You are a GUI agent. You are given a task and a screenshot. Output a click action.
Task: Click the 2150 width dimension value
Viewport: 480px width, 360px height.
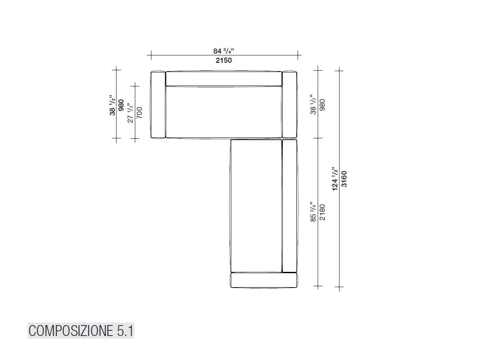223,61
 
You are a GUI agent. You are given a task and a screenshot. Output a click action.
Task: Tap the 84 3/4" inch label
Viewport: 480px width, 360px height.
223,51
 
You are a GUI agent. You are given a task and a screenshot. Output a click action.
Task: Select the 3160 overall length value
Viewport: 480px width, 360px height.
344,178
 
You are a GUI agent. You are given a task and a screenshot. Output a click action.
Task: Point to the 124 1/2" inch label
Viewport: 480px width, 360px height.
335,178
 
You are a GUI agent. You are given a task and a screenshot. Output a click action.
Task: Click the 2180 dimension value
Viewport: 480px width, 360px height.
322,212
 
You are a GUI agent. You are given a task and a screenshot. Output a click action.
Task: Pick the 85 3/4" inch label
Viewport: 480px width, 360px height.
313,212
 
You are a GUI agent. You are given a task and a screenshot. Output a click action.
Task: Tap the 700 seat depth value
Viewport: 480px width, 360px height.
140,113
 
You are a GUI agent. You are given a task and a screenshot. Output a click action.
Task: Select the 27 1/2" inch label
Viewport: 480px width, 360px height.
130,113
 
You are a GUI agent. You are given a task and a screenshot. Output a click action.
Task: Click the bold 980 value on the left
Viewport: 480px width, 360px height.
121,106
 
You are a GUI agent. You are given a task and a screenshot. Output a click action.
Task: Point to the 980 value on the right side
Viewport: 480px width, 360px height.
322,105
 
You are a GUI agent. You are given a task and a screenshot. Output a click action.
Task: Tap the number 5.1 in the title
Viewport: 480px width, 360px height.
125,331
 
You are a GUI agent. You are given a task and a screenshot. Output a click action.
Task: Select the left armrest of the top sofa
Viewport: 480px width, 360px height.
158,105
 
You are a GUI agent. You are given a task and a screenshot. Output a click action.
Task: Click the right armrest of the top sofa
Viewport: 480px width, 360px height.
289,105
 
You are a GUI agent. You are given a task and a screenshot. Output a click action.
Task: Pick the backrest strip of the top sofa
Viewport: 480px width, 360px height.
223,79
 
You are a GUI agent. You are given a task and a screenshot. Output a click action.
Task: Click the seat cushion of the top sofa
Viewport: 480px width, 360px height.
223,112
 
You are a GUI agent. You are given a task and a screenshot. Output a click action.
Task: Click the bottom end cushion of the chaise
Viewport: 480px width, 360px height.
264,280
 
